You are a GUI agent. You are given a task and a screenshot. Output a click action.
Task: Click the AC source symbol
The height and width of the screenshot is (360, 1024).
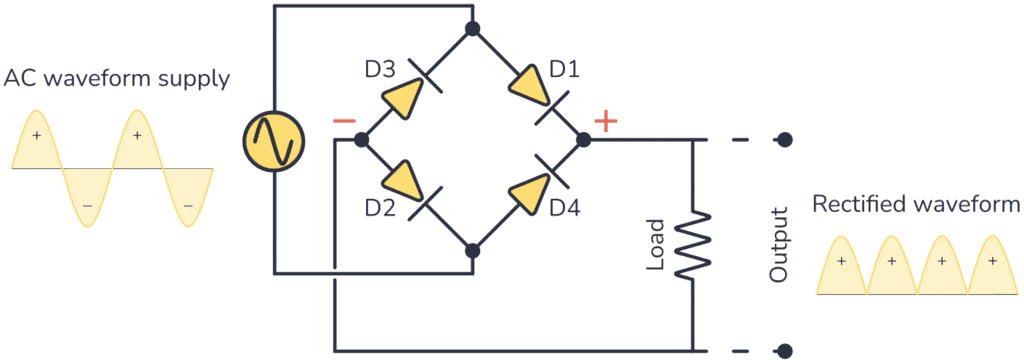coord(273,140)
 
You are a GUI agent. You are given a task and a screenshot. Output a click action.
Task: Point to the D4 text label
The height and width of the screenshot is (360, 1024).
coord(566,211)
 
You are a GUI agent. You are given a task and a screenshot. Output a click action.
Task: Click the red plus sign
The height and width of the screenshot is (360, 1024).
coord(606,121)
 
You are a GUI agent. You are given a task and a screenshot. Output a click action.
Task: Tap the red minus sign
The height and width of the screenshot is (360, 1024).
coord(343,121)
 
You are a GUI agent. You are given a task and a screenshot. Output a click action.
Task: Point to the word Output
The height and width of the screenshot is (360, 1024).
coord(780,245)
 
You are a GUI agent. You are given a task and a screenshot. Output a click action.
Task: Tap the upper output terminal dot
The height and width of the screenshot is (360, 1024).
coord(786,140)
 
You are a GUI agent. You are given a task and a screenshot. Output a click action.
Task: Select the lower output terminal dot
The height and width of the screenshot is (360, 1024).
coord(786,351)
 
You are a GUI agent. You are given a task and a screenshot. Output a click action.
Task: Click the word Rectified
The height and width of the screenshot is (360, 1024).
coord(859,205)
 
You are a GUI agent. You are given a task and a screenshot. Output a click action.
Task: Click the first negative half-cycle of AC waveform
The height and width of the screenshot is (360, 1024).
coord(87,200)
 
